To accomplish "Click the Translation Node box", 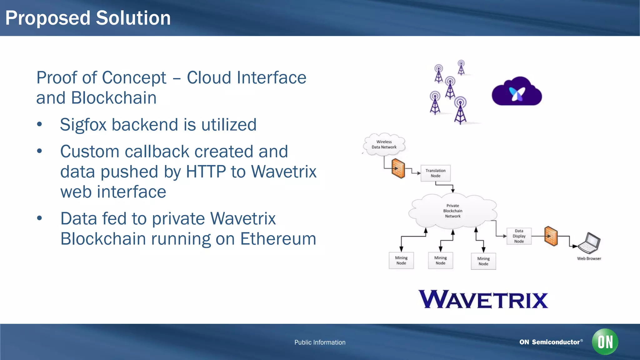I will [x=435, y=173].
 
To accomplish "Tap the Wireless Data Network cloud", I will [x=384, y=144].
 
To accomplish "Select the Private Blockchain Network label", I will [x=452, y=211].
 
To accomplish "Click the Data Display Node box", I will [x=519, y=236].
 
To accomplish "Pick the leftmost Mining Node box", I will [x=401, y=260].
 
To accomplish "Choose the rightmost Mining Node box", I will [x=483, y=261].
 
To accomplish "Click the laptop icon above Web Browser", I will [x=589, y=243].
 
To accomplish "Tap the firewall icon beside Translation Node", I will [x=398, y=168].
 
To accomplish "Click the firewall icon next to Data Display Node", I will [x=551, y=236].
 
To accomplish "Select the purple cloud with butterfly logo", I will [x=517, y=92].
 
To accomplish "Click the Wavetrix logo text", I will [x=483, y=300].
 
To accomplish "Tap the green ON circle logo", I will [x=605, y=342].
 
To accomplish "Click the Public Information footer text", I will [x=320, y=342].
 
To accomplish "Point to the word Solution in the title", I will [x=133, y=18].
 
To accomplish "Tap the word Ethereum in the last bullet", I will [x=278, y=239].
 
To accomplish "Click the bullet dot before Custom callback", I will [x=39, y=151].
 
